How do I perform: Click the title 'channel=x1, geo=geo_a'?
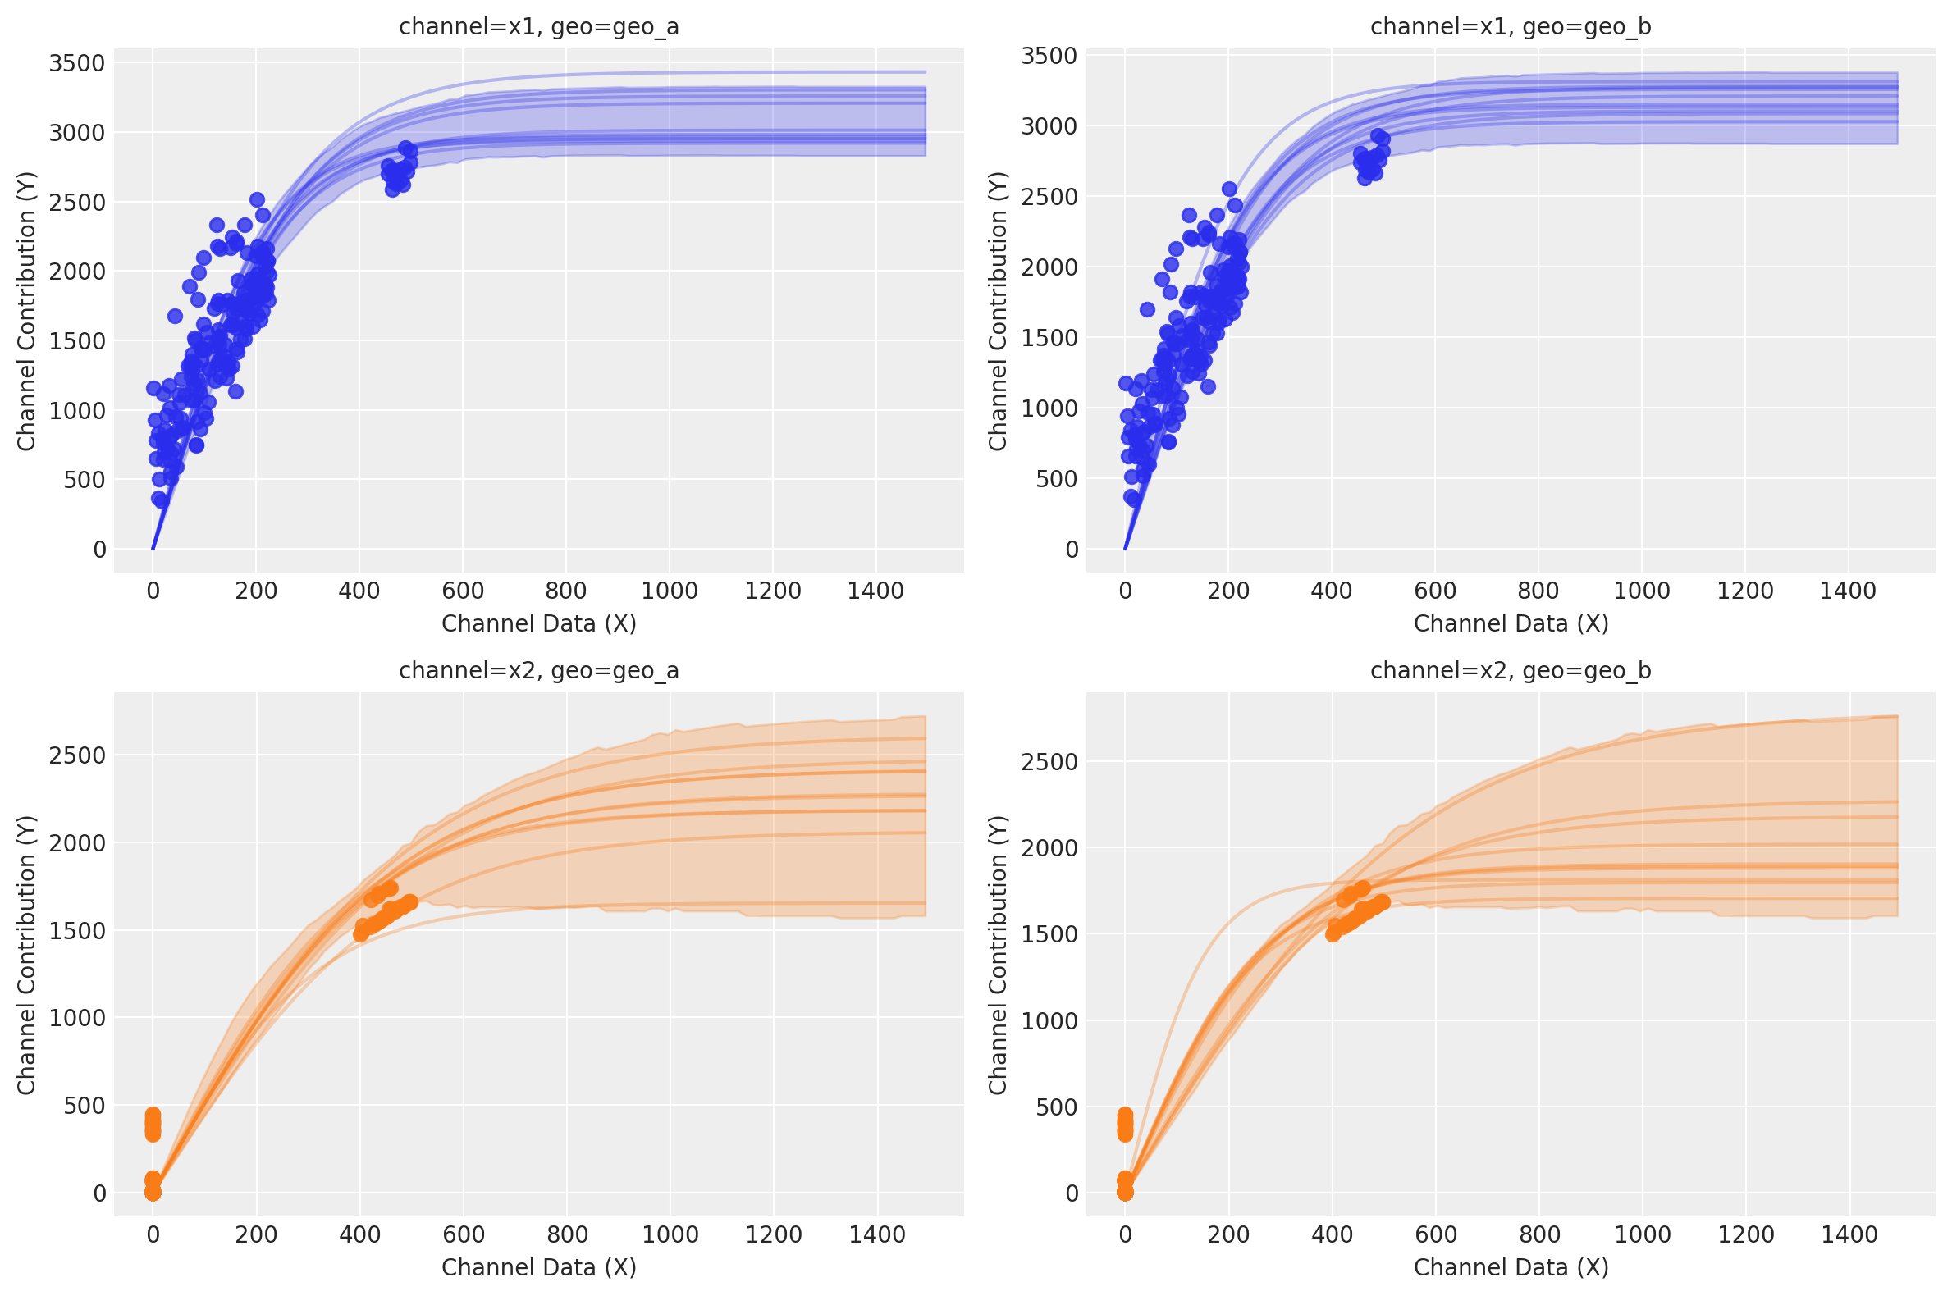pyautogui.click(x=538, y=27)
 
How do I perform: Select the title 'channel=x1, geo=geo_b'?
pyautogui.click(x=1511, y=27)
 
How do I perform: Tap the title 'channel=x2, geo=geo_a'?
pyautogui.click(x=538, y=670)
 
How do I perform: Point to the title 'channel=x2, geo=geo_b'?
pyautogui.click(x=1511, y=670)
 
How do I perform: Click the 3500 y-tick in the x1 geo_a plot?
pyautogui.click(x=76, y=63)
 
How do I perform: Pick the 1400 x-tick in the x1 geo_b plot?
pyautogui.click(x=1848, y=591)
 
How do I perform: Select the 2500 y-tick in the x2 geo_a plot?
pyautogui.click(x=76, y=755)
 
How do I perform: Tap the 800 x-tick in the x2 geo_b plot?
pyautogui.click(x=1538, y=1234)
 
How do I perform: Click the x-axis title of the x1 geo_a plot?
pyautogui.click(x=538, y=623)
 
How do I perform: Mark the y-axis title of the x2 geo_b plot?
pyautogui.click(x=998, y=955)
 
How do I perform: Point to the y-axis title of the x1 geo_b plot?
pyautogui.click(x=998, y=311)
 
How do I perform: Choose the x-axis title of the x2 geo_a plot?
pyautogui.click(x=538, y=1267)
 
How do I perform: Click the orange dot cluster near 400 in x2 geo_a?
pyautogui.click(x=385, y=913)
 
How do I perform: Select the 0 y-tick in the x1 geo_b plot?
pyautogui.click(x=1072, y=550)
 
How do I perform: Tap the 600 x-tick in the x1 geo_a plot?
pyautogui.click(x=462, y=591)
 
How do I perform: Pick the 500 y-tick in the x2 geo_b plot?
pyautogui.click(x=1057, y=1107)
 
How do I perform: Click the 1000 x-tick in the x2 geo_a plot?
pyautogui.click(x=670, y=1234)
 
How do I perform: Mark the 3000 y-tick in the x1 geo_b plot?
pyautogui.click(x=1049, y=125)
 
